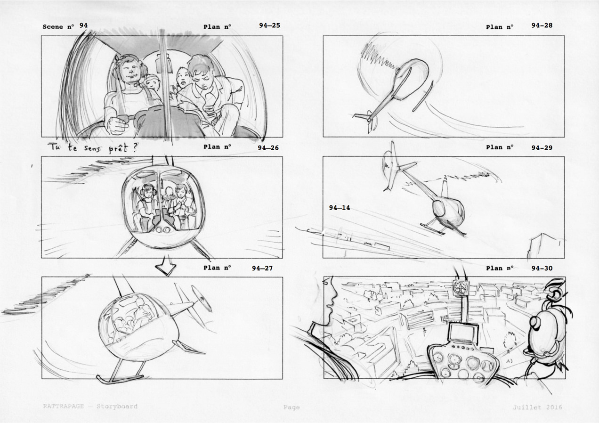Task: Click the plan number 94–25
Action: click(269, 25)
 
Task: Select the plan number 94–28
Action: click(542, 25)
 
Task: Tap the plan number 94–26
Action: click(268, 148)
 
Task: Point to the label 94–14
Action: click(340, 208)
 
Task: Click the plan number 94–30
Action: click(542, 268)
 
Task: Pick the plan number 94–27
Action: click(262, 268)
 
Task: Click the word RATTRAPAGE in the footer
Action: click(64, 407)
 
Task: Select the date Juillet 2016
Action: click(537, 407)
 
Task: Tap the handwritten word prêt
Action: click(118, 148)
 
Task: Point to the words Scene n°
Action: click(58, 27)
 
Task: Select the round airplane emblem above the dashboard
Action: click(461, 288)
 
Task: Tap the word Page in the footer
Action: click(291, 407)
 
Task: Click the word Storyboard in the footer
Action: click(117, 407)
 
